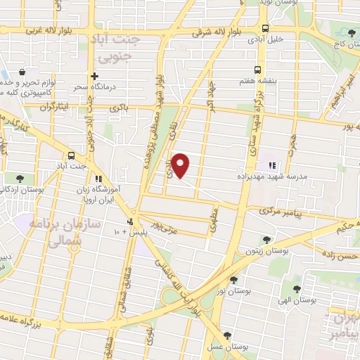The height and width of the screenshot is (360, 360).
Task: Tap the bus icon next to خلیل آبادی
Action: point(264,29)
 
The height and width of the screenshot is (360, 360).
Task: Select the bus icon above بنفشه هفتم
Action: point(257,70)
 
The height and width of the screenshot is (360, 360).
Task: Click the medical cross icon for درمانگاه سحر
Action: point(94,76)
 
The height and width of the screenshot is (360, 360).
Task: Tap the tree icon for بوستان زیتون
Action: point(265,239)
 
